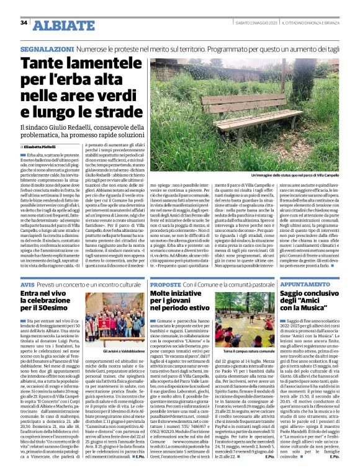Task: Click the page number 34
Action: click(x=24, y=23)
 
